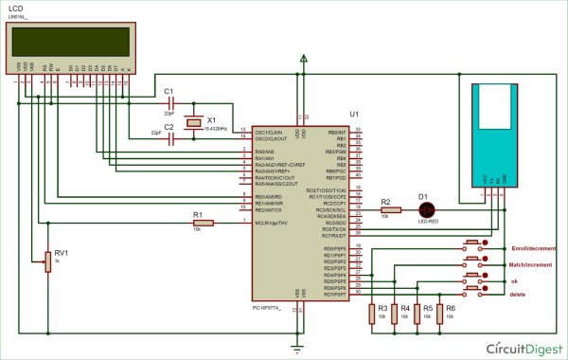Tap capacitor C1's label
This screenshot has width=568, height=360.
(x=169, y=91)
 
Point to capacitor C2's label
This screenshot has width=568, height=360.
(x=169, y=126)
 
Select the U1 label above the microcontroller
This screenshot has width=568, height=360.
(x=354, y=114)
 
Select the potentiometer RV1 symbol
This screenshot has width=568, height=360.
(x=46, y=260)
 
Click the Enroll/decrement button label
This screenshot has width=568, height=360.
(x=533, y=247)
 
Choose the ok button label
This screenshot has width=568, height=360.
(x=514, y=280)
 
